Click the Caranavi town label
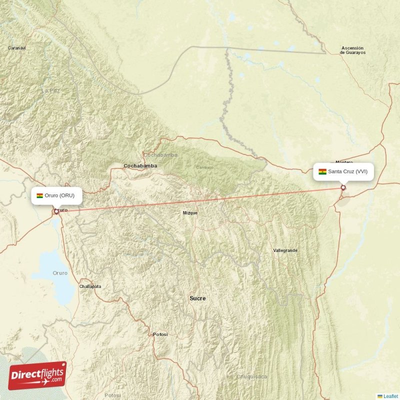pos(16,48)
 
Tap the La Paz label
pos(51,90)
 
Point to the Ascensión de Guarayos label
pos(353,50)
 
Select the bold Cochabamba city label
pos(140,165)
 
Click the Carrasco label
pos(204,167)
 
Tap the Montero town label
pos(344,162)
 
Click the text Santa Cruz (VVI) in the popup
pos(348,171)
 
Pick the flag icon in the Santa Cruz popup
pos(322,171)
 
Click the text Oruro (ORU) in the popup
pos(59,195)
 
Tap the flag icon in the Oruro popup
pos(39,195)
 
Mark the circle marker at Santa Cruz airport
pos(343,187)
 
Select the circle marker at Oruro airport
pos(55,211)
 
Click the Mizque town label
pos(190,212)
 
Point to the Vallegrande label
pos(285,250)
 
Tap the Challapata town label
pos(90,286)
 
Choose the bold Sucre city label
pos(197,298)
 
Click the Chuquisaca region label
pos(252,376)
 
